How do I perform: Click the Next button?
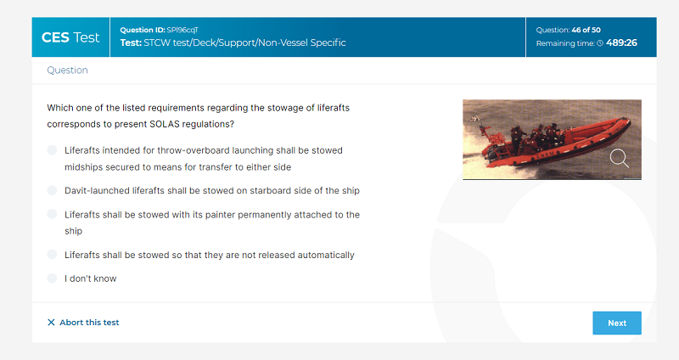[x=617, y=323]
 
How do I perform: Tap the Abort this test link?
[x=83, y=323]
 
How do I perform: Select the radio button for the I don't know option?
[x=52, y=278]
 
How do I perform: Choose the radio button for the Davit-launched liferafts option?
[x=52, y=190]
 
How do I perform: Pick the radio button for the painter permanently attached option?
[x=52, y=214]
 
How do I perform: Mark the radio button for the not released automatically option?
[x=52, y=255]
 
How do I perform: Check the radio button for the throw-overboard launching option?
[x=52, y=150]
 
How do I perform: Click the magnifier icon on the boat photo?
[x=620, y=158]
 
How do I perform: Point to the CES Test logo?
[x=70, y=37]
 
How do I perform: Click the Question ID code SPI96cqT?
[x=182, y=30]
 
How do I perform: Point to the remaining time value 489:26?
[x=621, y=43]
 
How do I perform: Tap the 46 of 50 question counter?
[x=586, y=30]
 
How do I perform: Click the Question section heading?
[x=68, y=70]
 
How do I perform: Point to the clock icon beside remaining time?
[x=600, y=43]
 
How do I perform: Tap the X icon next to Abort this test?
[x=51, y=323]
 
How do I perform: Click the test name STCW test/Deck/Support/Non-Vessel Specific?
[x=244, y=43]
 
